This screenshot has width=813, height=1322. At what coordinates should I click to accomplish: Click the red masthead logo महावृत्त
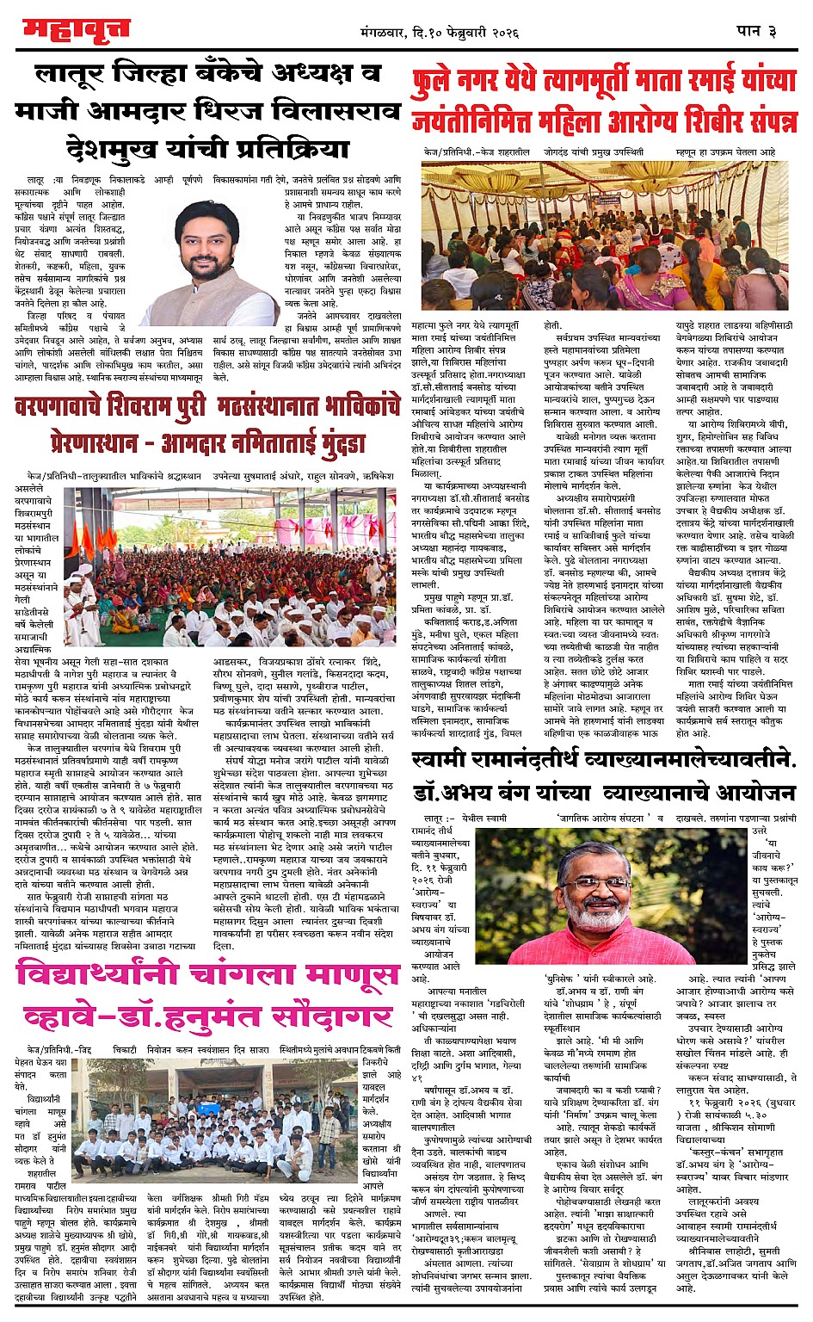pyautogui.click(x=77, y=30)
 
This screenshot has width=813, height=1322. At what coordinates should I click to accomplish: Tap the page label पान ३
pyautogui.click(x=756, y=31)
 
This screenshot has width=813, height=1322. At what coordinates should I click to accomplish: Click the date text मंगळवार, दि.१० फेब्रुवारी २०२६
pyautogui.click(x=440, y=33)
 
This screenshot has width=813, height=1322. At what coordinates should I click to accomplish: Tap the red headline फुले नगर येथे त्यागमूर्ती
pyautogui.click(x=605, y=82)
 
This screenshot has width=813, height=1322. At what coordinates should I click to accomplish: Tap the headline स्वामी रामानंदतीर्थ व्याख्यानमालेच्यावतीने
pyautogui.click(x=605, y=759)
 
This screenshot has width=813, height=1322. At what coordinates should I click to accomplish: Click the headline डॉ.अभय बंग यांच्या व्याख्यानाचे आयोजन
pyautogui.click(x=605, y=794)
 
